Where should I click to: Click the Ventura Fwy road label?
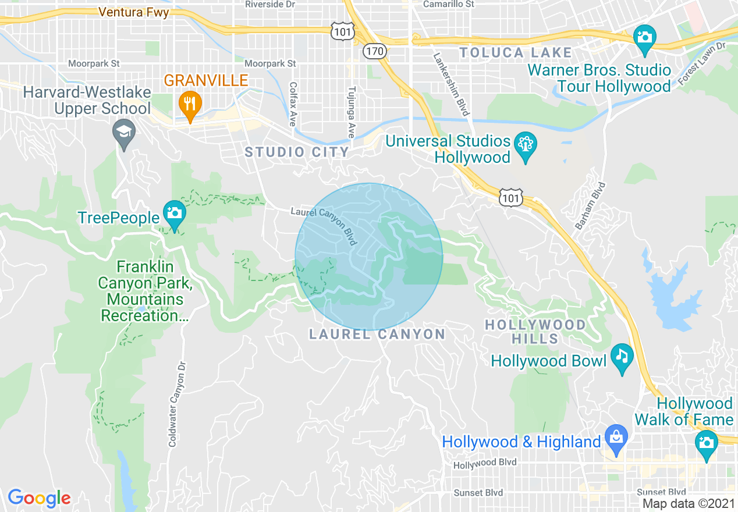tap(133, 12)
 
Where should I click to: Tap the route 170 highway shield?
tap(375, 51)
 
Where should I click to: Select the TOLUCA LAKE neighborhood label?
tap(516, 53)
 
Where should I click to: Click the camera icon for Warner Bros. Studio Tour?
tap(644, 37)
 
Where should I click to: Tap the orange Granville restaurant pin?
tap(190, 105)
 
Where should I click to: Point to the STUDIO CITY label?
tap(297, 152)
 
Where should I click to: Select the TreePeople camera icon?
tap(173, 212)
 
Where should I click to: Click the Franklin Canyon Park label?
tap(145, 291)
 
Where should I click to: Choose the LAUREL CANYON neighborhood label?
tap(377, 335)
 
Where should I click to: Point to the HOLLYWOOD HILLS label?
tap(536, 332)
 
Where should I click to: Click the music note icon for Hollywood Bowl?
tap(622, 355)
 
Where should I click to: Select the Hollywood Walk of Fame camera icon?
tap(706, 443)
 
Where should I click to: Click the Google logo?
tap(39, 498)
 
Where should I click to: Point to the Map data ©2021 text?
tap(689, 503)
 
